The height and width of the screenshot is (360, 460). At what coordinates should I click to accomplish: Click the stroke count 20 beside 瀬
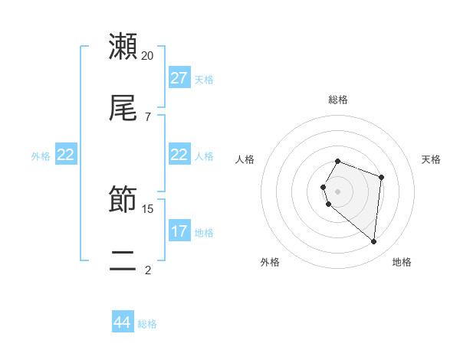148,55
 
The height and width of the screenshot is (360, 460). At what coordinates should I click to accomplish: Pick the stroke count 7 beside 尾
148,116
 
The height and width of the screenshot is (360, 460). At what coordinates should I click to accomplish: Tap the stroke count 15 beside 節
148,208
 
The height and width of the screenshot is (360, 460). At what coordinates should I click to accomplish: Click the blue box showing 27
179,78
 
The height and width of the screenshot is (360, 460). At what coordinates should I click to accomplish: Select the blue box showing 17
179,231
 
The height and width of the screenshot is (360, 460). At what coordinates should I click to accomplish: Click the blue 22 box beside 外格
66,155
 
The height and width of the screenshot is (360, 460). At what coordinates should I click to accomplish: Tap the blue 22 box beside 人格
179,155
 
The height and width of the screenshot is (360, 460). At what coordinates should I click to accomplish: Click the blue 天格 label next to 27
204,79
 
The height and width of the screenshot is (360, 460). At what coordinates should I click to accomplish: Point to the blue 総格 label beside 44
147,324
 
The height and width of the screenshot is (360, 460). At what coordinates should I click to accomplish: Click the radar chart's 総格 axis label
338,100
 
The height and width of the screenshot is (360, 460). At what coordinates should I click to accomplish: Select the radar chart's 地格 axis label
402,262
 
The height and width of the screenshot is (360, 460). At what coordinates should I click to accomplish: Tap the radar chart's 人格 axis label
245,159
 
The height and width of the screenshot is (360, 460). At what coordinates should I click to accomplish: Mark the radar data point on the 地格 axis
373,242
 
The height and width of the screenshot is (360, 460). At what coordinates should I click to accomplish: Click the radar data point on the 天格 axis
381,178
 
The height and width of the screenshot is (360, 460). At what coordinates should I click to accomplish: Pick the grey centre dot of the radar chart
338,191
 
